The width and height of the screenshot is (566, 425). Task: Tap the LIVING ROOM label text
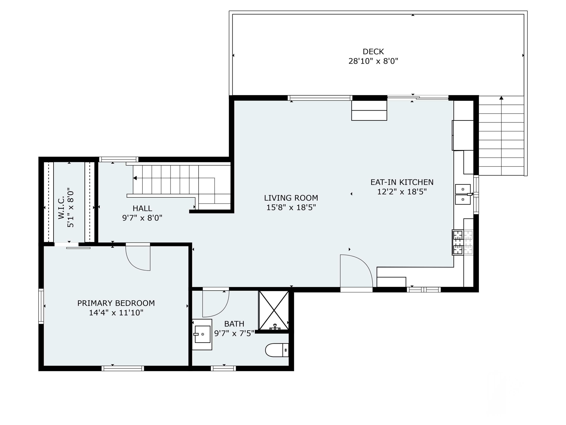(x=291, y=198)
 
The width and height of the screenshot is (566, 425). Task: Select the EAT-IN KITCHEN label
(x=402, y=182)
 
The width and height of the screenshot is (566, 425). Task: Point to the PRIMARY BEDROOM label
(x=116, y=303)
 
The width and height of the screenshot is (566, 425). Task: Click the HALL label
(x=142, y=209)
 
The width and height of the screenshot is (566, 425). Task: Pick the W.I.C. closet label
(x=61, y=208)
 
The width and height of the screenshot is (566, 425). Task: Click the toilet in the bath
(x=277, y=350)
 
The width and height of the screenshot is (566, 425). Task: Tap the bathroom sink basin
(x=202, y=334)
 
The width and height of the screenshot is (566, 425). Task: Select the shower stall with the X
(x=274, y=310)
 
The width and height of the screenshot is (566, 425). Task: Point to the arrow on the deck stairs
(x=501, y=98)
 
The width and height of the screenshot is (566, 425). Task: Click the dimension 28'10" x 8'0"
(x=373, y=61)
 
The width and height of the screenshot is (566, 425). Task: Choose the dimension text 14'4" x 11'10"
(x=116, y=313)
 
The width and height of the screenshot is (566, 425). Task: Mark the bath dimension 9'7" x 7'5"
(x=234, y=334)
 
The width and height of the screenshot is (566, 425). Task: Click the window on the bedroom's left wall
(x=41, y=306)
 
